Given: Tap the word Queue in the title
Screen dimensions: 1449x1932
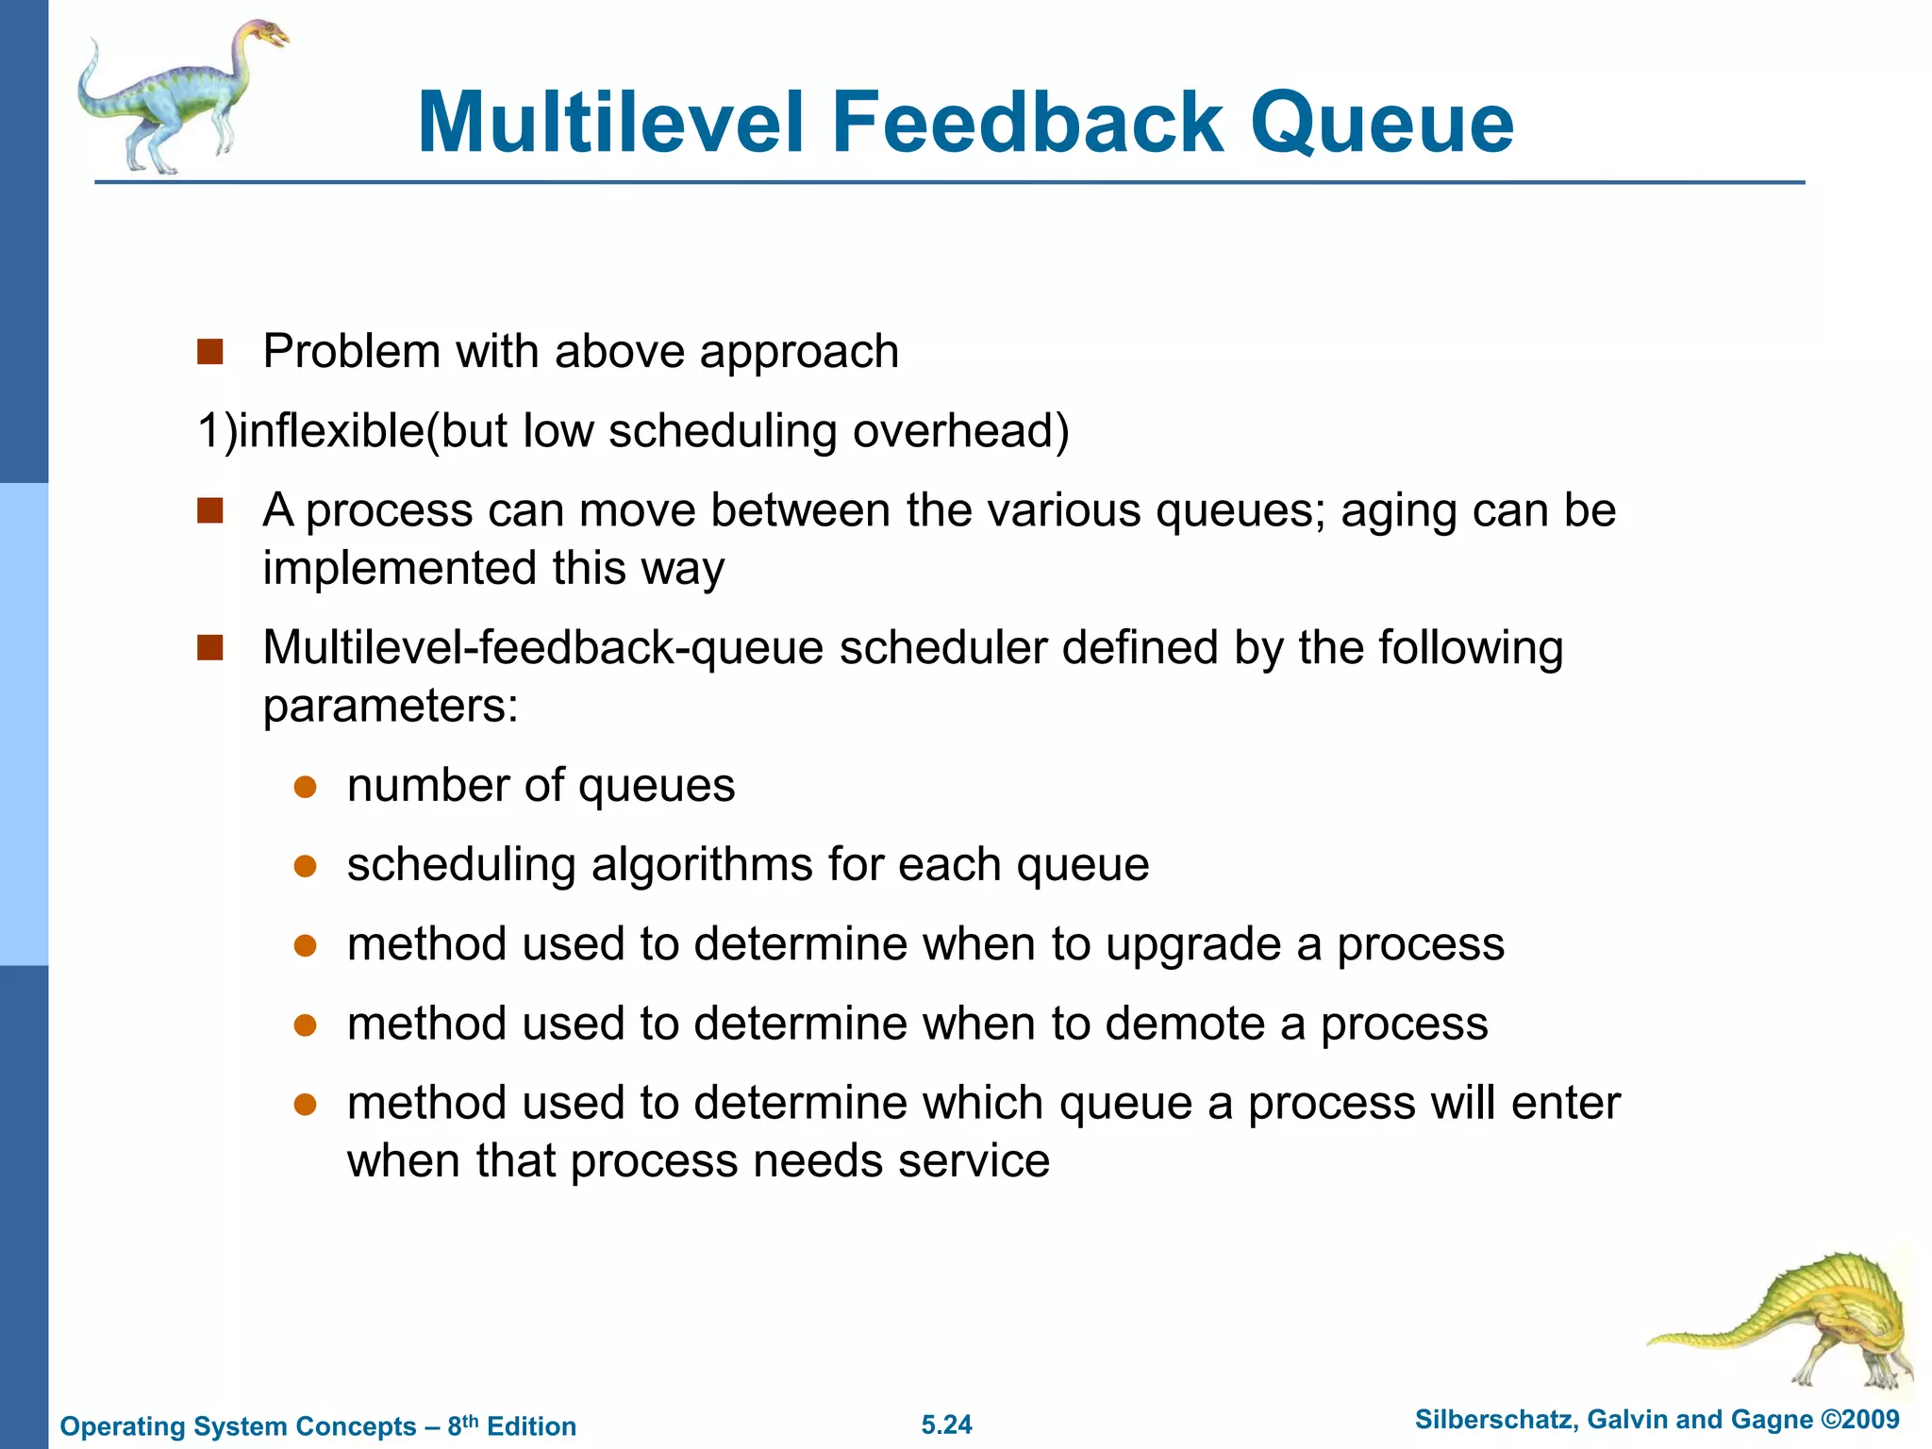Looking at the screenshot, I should click(x=1381, y=125).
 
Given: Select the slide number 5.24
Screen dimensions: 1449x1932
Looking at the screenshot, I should click(x=946, y=1424).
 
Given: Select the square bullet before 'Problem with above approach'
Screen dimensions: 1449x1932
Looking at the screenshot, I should click(x=209, y=352).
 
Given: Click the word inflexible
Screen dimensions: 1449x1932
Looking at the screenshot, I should click(x=331, y=431).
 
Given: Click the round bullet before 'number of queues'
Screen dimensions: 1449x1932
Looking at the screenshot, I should click(x=304, y=787).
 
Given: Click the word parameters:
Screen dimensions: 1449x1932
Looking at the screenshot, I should click(x=391, y=707).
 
